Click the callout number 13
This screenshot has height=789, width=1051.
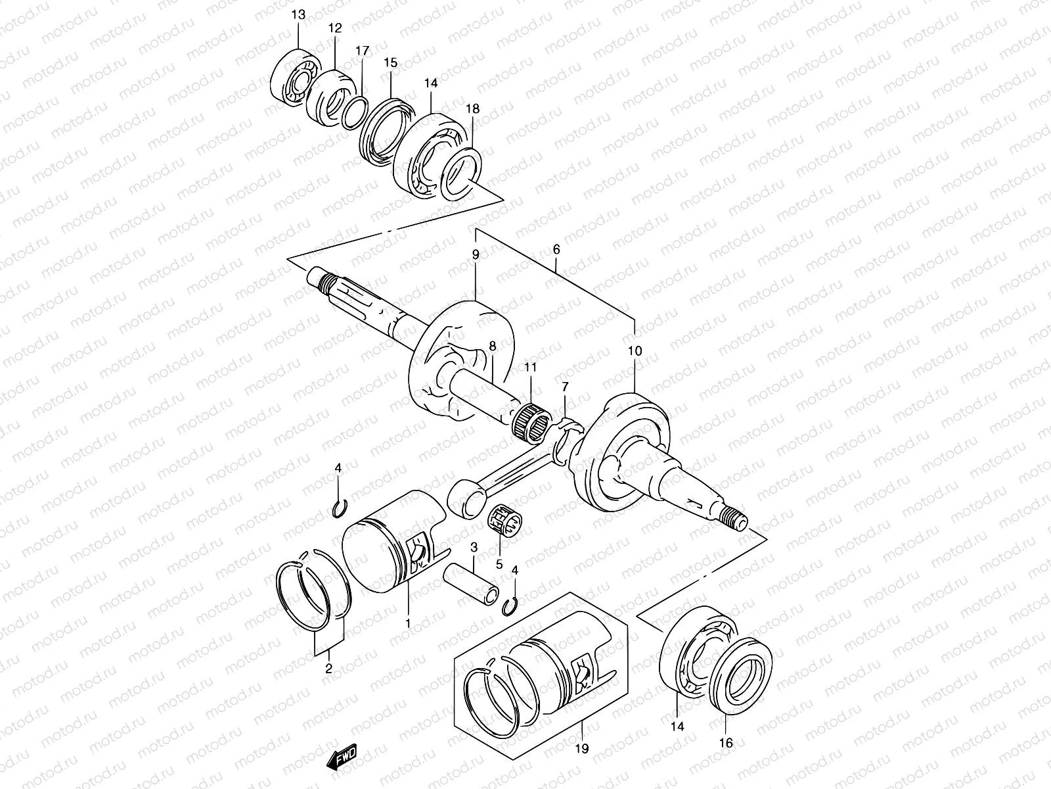pyautogui.click(x=298, y=14)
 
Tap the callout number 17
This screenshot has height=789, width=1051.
pyautogui.click(x=363, y=50)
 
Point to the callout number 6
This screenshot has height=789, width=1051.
pyautogui.click(x=556, y=250)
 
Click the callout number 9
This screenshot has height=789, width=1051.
pyautogui.click(x=476, y=254)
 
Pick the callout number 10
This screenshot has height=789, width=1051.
pyautogui.click(x=635, y=351)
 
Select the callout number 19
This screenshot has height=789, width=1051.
pyautogui.click(x=582, y=748)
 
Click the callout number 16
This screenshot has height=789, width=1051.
pyautogui.click(x=726, y=742)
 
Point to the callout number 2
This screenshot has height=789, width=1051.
pyautogui.click(x=328, y=669)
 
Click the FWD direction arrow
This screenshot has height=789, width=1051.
pyautogui.click(x=341, y=760)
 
